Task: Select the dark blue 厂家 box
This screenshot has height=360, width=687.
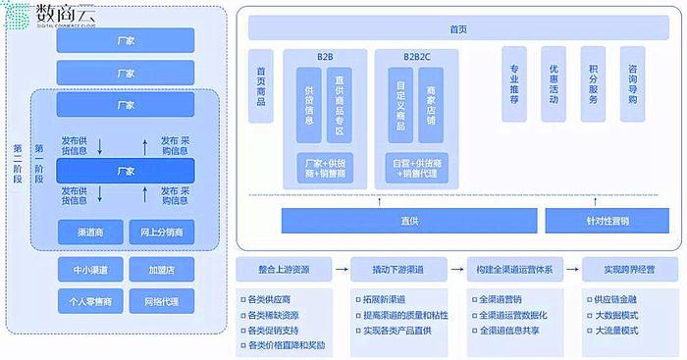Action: (x=125, y=171)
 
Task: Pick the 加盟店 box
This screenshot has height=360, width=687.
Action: (x=162, y=269)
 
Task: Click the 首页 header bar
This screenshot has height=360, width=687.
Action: (x=457, y=28)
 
